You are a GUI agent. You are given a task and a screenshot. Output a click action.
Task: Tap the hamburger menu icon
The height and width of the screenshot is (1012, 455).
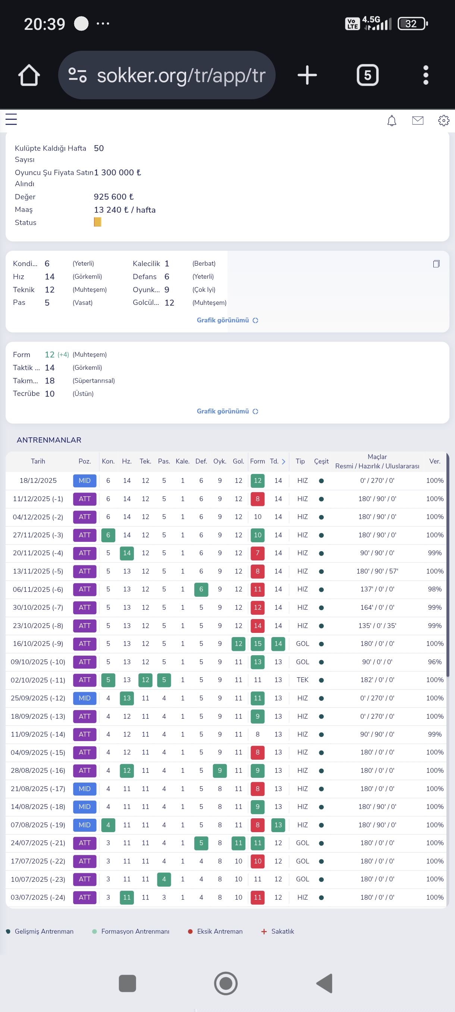11,119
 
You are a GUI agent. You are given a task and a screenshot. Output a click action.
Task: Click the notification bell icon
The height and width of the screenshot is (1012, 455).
391,121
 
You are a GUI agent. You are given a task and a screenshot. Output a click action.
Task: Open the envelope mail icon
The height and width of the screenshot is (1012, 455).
418,120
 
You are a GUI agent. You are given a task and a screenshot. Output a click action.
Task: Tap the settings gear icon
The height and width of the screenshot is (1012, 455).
443,120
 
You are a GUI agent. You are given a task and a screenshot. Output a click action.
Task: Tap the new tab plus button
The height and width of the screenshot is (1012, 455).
307,75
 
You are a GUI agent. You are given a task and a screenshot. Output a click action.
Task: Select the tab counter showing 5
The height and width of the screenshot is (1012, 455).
367,75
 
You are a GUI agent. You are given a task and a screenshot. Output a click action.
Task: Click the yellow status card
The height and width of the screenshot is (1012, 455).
97,222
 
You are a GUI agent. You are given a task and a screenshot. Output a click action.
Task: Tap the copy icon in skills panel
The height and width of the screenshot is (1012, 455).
436,263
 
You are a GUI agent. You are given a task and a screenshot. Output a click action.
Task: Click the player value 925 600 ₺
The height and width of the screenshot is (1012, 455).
113,196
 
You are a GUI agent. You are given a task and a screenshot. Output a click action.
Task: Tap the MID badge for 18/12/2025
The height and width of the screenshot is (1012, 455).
85,481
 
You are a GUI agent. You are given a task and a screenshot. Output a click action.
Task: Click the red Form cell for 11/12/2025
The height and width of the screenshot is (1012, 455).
258,499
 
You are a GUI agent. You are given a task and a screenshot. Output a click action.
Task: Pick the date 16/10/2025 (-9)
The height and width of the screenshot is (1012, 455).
38,643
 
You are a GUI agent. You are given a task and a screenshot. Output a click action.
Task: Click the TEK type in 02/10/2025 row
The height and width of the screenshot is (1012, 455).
302,680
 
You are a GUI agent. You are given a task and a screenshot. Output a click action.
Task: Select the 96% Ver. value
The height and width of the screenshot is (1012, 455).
434,662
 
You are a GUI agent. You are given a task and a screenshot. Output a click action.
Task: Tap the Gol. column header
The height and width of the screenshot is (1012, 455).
238,461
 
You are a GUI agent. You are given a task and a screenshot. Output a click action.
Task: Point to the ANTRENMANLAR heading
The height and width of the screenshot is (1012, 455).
49,440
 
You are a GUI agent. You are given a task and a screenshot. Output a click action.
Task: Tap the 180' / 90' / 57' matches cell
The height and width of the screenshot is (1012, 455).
377,571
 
